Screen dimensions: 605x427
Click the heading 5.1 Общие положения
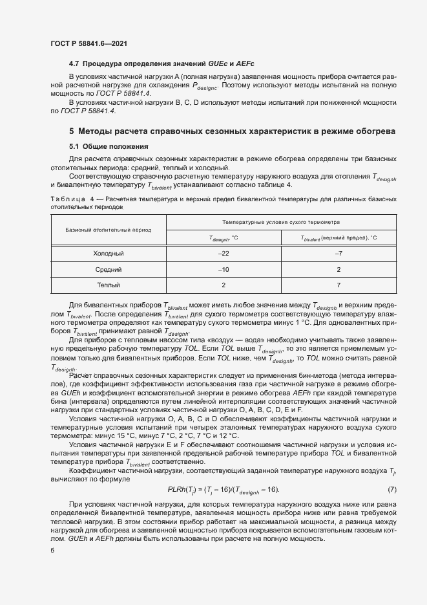(109, 146)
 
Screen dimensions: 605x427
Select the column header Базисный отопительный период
(108, 230)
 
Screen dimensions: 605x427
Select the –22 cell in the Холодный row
(224, 254)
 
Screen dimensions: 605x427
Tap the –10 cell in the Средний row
(224, 269)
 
